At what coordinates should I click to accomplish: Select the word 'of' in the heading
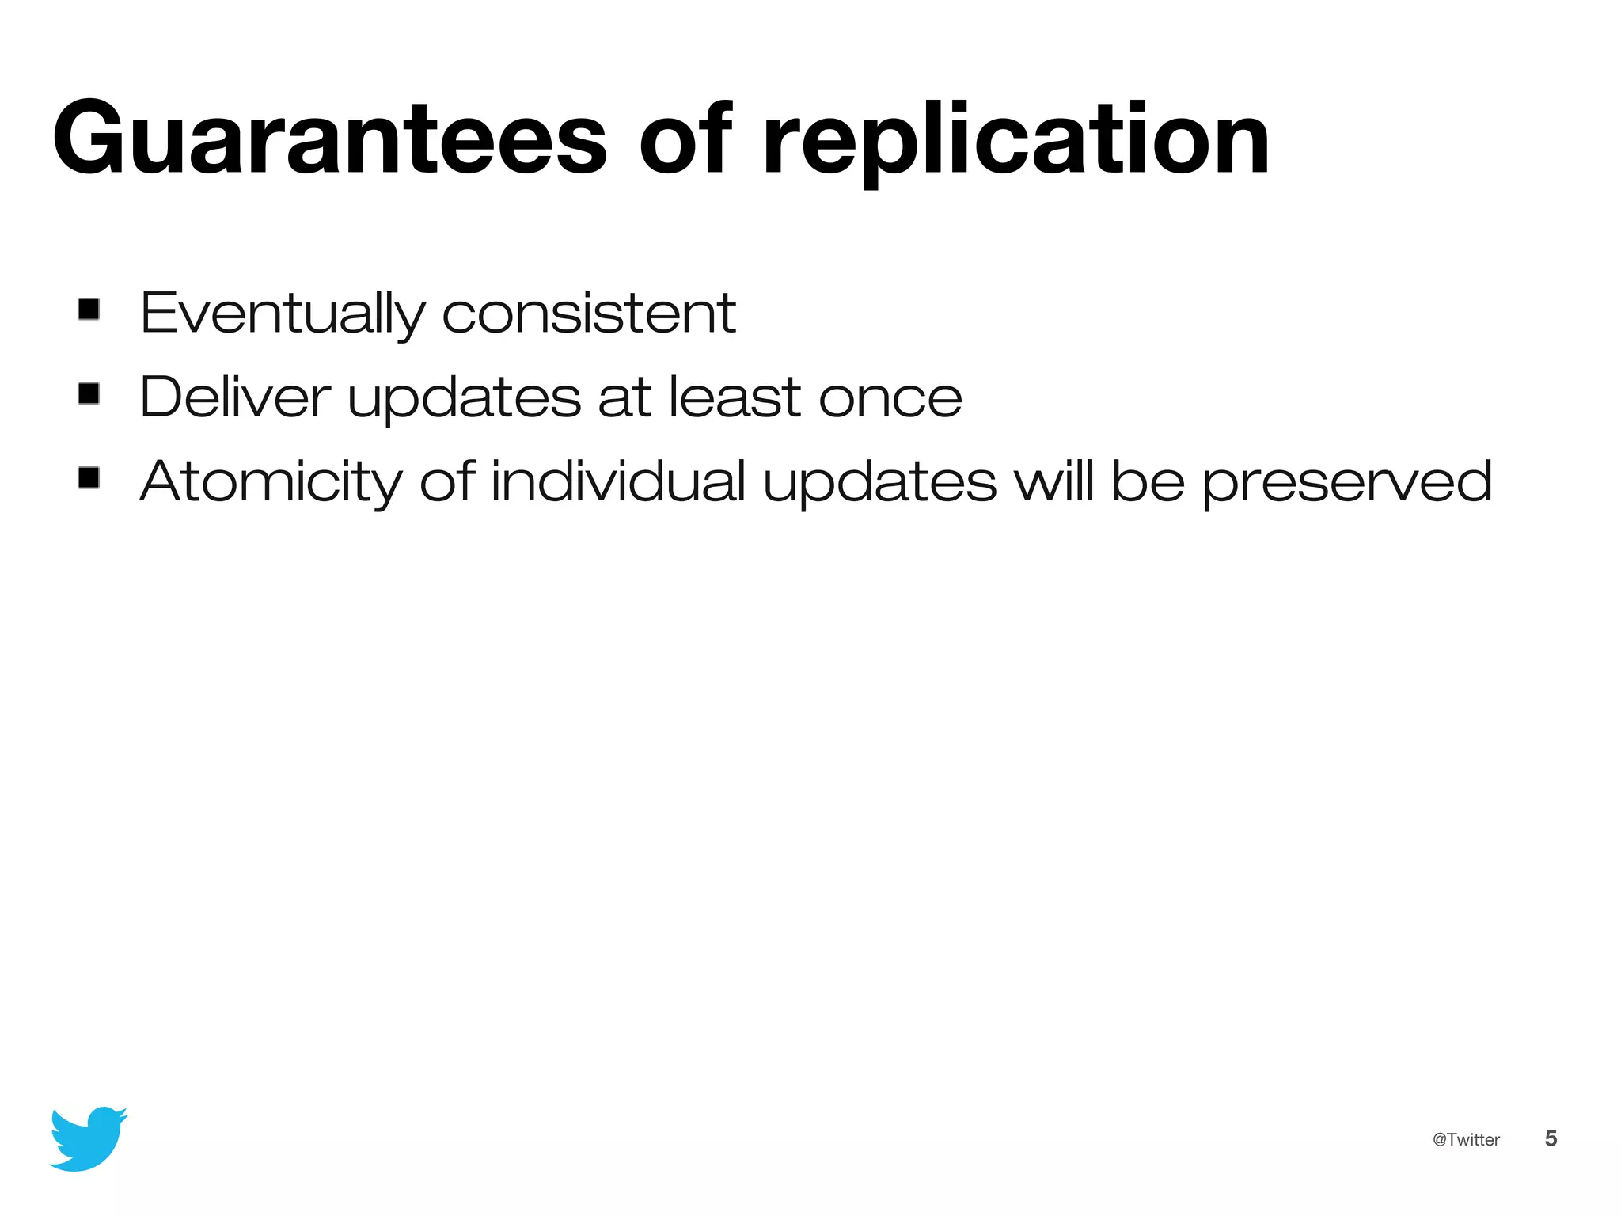pyautogui.click(x=685, y=139)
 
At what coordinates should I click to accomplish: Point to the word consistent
pyautogui.click(x=589, y=313)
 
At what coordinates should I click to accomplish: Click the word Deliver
pyautogui.click(x=235, y=397)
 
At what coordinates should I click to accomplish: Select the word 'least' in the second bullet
pyautogui.click(x=735, y=397)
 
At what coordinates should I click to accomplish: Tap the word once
pyautogui.click(x=890, y=398)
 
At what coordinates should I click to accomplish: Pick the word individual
pyautogui.click(x=618, y=481)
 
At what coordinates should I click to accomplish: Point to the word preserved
pyautogui.click(x=1347, y=482)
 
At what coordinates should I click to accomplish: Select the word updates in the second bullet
pyautogui.click(x=465, y=398)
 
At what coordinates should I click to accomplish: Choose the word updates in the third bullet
pyautogui.click(x=879, y=482)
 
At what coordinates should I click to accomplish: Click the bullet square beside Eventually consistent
pyautogui.click(x=89, y=309)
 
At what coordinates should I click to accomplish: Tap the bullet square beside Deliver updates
pyautogui.click(x=89, y=393)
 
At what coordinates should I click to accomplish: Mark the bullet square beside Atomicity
pyautogui.click(x=89, y=477)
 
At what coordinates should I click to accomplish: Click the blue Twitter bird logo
pyautogui.click(x=88, y=1138)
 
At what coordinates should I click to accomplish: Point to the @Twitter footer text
pyautogui.click(x=1466, y=1139)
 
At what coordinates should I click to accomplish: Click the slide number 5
pyautogui.click(x=1551, y=1138)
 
